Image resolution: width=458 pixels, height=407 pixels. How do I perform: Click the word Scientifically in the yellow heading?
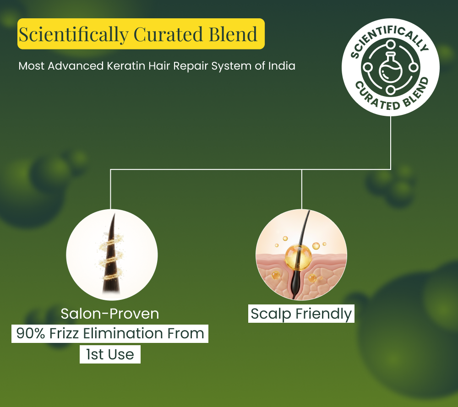coord(74,35)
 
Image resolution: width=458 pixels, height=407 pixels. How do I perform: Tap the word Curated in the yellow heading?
coord(168,34)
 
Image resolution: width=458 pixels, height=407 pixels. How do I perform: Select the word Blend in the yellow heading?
coord(233,34)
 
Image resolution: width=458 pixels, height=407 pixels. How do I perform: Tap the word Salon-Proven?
coord(110,314)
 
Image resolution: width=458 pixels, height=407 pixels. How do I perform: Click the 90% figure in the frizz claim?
coord(31,333)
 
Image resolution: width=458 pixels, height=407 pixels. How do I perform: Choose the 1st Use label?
coord(110,354)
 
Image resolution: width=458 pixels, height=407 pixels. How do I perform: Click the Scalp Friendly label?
coord(301,314)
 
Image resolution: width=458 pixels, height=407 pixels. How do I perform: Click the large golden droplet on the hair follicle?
coord(298,256)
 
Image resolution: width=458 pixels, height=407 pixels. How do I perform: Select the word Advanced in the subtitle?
coord(76,65)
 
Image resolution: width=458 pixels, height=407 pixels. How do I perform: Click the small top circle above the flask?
coord(391,45)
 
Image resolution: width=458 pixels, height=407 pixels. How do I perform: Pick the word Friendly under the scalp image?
coord(324,314)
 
